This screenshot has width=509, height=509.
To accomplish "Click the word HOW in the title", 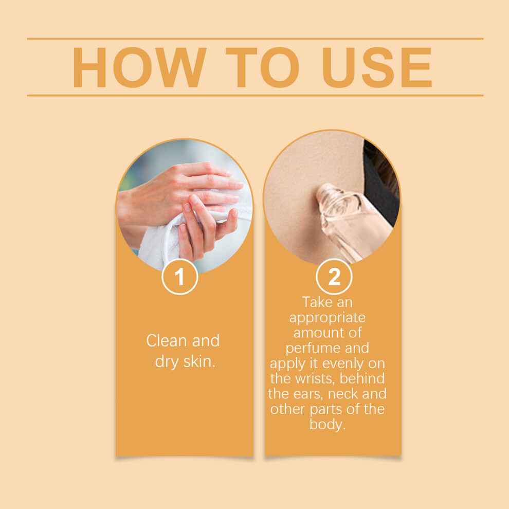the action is (x=139, y=67).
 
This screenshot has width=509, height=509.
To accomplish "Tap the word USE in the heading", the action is (x=377, y=67).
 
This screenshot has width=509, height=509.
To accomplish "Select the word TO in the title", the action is (x=262, y=67).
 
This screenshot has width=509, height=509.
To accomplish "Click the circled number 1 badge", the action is (x=180, y=277).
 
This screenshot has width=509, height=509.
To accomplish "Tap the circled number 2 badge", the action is (x=334, y=277).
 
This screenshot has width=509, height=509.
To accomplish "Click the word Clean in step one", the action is (x=167, y=341).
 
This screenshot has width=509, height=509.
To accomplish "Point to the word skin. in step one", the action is (x=199, y=361).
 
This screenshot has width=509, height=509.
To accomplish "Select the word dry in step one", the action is (x=167, y=362).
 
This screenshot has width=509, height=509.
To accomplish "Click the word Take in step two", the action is (x=316, y=302).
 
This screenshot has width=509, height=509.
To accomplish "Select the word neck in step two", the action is (x=343, y=394).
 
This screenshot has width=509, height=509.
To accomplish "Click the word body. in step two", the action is (x=328, y=425).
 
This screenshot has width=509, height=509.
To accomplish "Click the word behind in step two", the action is (x=362, y=378).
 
